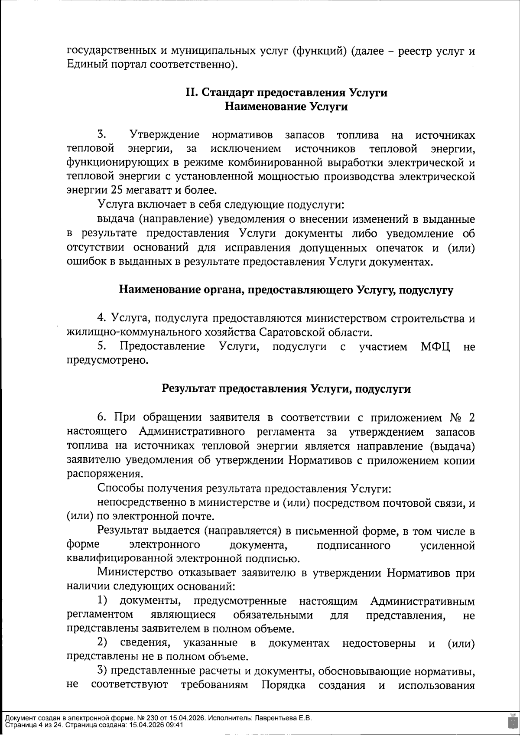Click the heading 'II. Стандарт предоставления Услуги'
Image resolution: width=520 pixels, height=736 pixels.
pyautogui.click(x=286, y=93)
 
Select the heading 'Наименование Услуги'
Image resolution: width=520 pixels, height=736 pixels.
pyautogui.click(x=286, y=107)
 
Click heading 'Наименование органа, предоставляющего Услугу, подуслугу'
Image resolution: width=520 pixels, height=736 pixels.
pyautogui.click(x=286, y=290)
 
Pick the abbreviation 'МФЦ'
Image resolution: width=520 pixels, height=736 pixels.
pyautogui.click(x=435, y=346)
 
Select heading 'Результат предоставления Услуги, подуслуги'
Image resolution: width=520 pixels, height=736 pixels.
pyautogui.click(x=286, y=389)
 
